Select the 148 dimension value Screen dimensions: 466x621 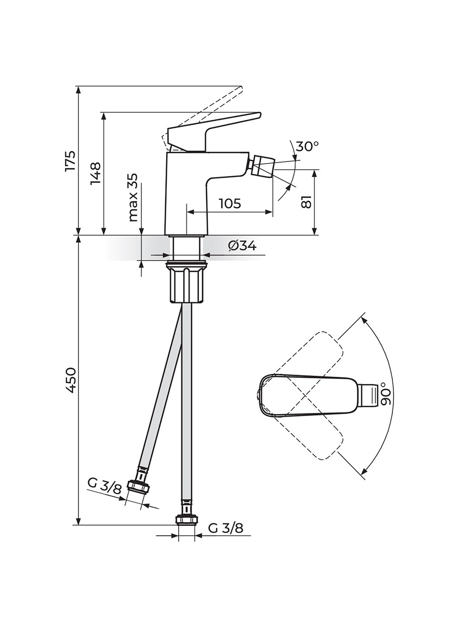coord(96,173)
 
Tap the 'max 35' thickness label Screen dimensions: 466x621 coord(133,197)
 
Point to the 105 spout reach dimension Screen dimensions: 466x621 coord(230,203)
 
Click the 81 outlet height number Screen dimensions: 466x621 coord(306,202)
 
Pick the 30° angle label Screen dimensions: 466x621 coord(307,146)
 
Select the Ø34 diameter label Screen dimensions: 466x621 coord(242,246)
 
